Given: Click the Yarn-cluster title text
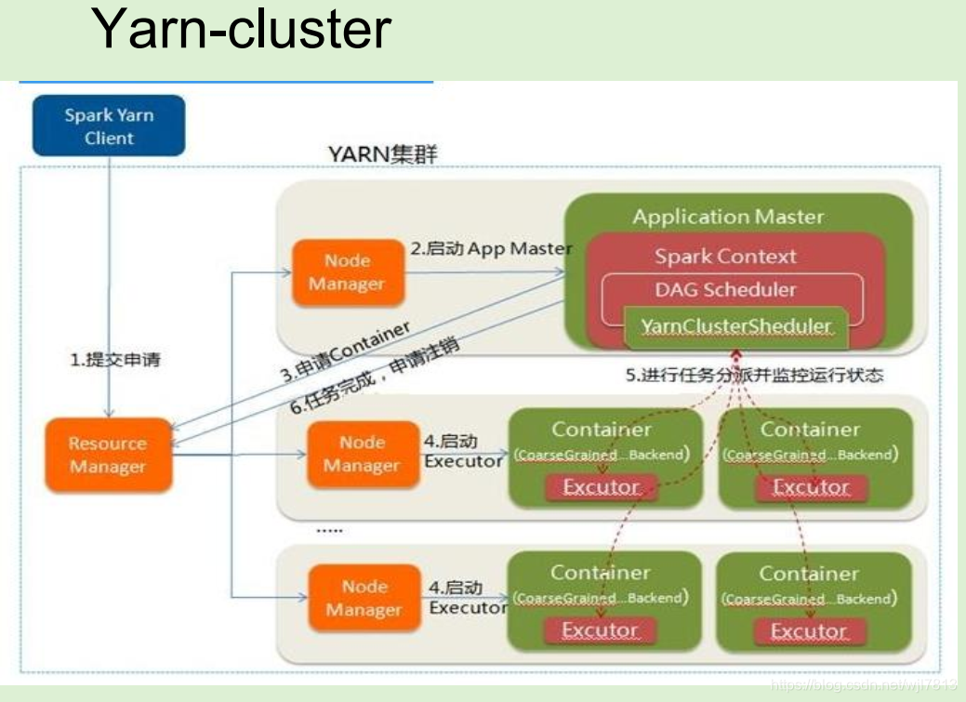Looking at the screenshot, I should tap(241, 29).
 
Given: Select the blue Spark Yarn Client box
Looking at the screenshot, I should tap(110, 126).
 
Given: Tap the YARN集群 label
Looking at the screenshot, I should tap(382, 154).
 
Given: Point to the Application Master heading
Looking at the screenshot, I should tap(728, 218).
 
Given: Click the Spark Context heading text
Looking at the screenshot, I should tap(725, 257).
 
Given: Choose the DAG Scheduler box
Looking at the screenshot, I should tap(725, 290).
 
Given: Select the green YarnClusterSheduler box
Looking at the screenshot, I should tap(736, 327).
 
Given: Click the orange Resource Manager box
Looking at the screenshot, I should tap(108, 455).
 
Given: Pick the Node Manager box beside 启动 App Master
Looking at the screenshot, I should tap(348, 272).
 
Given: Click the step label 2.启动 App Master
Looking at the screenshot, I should tap(491, 248).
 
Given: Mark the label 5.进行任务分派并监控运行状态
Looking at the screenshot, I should tap(753, 376).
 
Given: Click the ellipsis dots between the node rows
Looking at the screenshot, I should tap(328, 530).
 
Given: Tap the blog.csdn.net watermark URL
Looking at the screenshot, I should tap(865, 684).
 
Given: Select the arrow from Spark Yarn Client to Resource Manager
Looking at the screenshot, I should tap(111, 279).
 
